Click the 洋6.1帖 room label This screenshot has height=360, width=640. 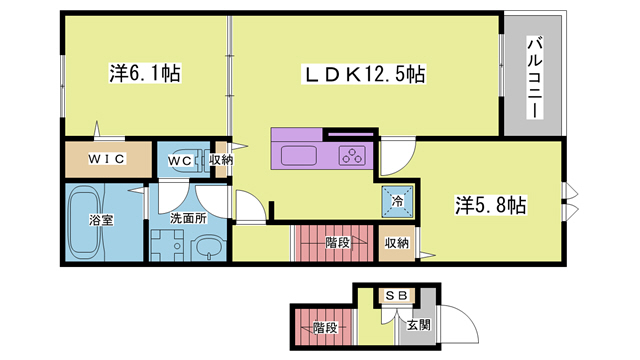click(x=145, y=73)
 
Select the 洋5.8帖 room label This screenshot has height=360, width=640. click(x=492, y=205)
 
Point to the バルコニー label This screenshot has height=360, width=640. click(x=534, y=77)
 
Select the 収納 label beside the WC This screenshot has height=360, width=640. click(x=221, y=159)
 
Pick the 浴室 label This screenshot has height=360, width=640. click(x=101, y=221)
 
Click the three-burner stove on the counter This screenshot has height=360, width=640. click(x=352, y=155)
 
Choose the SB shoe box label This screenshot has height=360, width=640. click(x=395, y=296)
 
